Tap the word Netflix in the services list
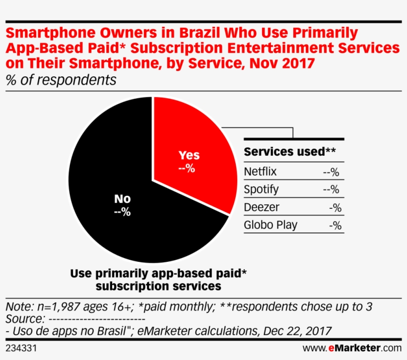tap(260, 172)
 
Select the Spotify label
tap(261, 189)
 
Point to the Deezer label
tap(262, 207)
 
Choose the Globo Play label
tap(271, 225)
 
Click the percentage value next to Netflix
tap(331, 173)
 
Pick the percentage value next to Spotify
tap(331, 190)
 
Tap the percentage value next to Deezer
tap(335, 208)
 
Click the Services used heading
tap(290, 151)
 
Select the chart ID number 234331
tap(20, 348)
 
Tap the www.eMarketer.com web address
tap(351, 348)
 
